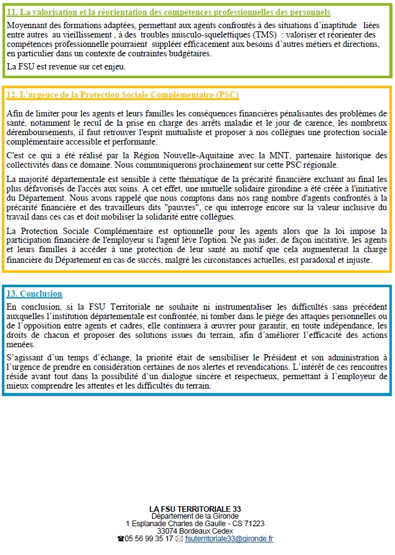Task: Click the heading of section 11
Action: click(x=168, y=13)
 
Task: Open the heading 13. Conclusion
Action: click(x=34, y=293)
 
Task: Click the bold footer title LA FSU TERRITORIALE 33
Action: click(x=195, y=509)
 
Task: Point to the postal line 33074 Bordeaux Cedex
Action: click(x=195, y=531)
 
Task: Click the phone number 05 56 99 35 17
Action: click(x=149, y=538)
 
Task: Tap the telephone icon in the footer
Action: click(x=121, y=539)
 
